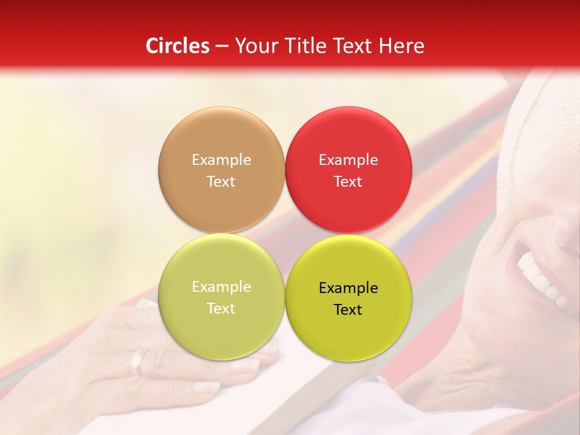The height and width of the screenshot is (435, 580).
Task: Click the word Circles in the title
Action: point(178,46)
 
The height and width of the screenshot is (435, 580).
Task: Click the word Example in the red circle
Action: point(348,160)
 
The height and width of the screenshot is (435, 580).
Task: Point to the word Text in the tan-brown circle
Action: point(221,182)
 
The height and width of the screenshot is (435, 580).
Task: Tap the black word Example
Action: point(348,288)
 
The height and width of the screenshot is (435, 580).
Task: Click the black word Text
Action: point(348,310)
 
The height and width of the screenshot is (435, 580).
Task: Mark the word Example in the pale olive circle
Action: point(221,287)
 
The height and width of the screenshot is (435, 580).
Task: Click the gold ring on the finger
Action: point(138,361)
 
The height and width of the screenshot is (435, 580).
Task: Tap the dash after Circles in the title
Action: point(222,47)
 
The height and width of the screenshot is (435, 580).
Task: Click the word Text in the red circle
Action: point(348,182)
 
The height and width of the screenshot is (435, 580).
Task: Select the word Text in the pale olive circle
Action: point(221,309)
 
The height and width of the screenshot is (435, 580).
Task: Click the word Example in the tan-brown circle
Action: point(221,160)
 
